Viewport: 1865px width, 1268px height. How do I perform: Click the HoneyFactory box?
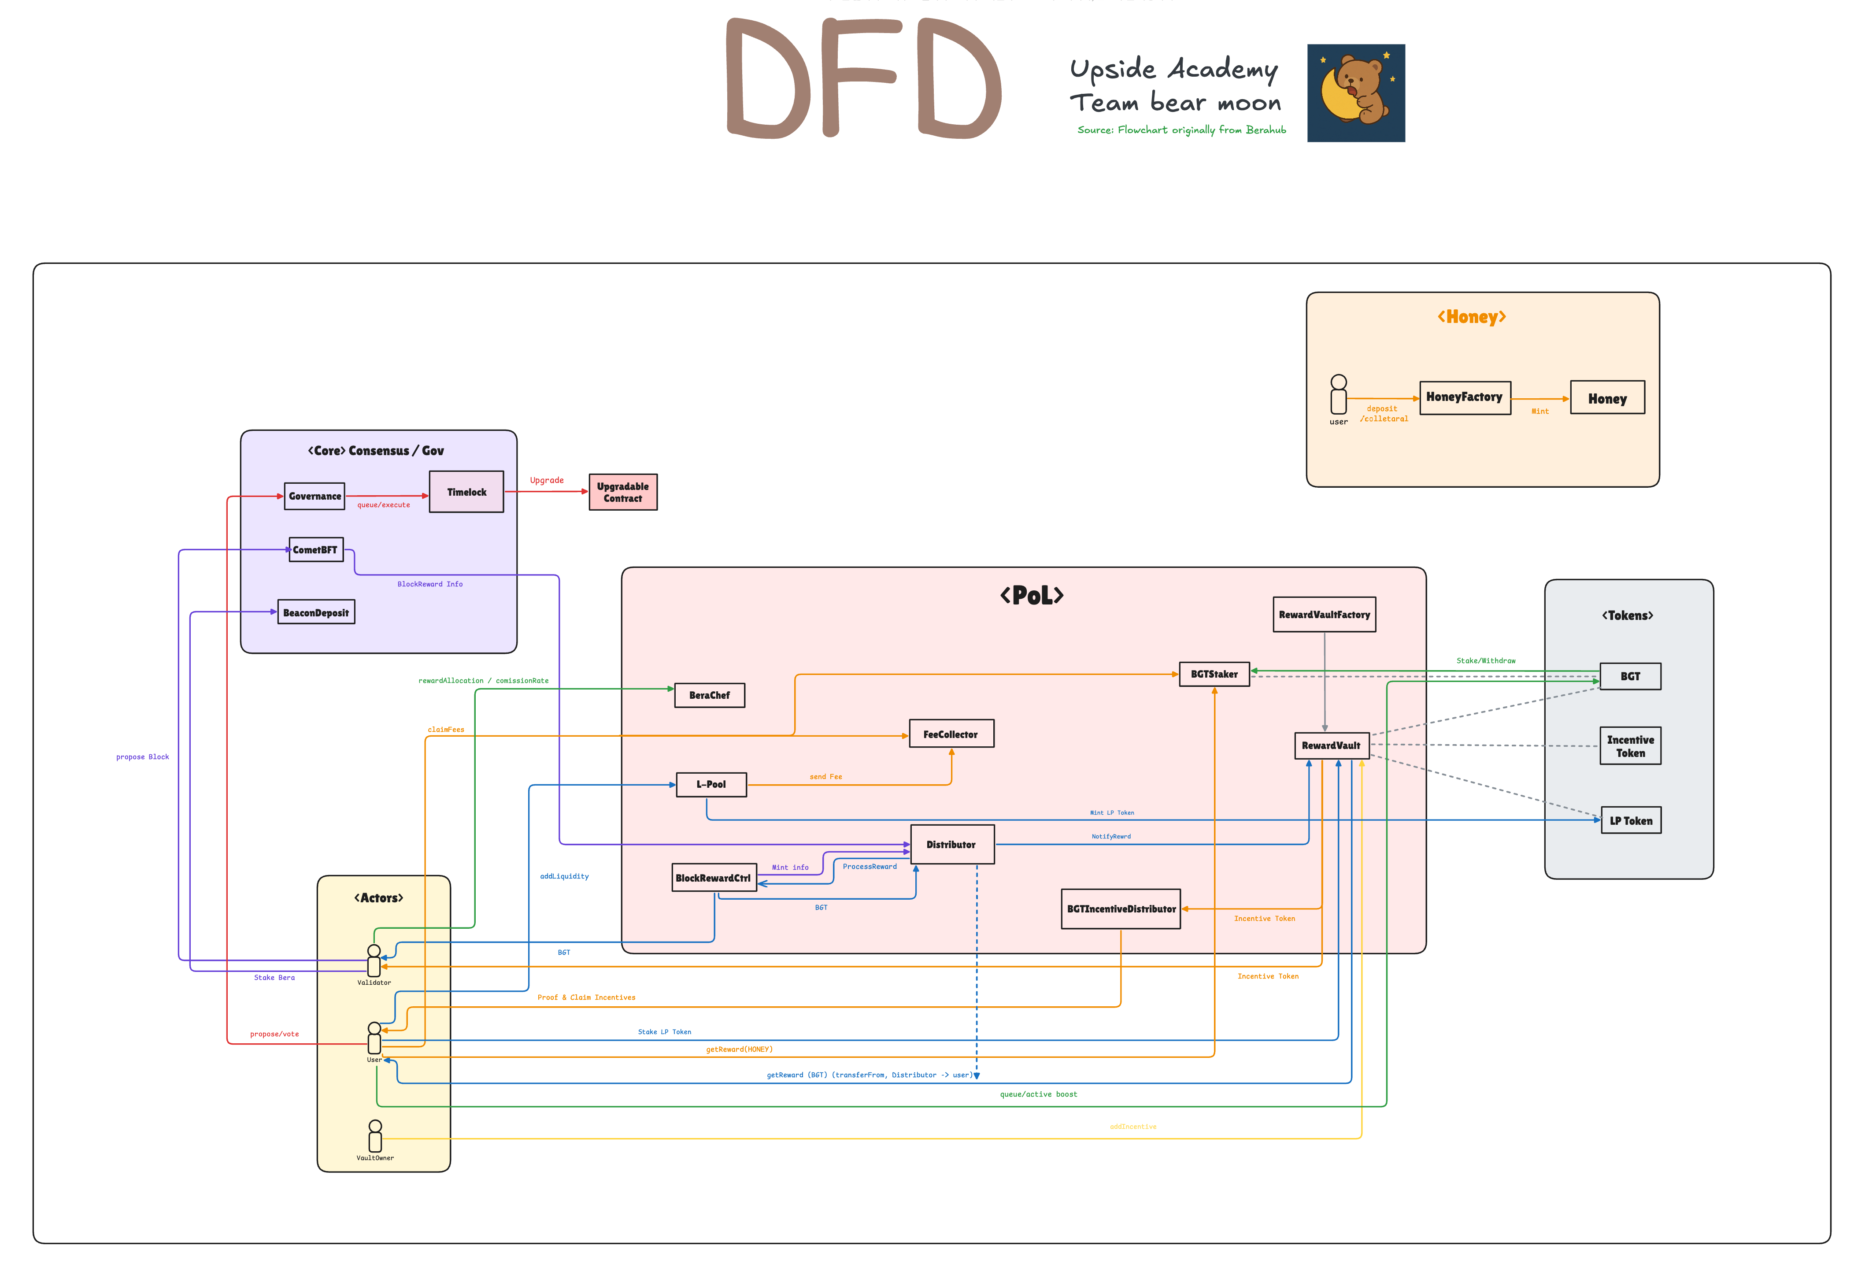[1465, 398]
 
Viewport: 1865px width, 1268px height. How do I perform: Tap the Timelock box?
[466, 492]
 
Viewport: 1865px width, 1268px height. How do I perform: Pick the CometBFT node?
[315, 550]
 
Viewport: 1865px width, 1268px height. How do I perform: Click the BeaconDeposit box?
[316, 612]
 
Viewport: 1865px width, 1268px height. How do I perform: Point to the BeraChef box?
[710, 695]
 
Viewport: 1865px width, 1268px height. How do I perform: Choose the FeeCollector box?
[951, 734]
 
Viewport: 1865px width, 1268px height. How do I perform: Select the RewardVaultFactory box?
[1324, 615]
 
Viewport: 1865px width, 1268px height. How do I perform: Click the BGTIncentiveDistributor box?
[1121, 908]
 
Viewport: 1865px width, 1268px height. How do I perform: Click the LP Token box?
[1631, 820]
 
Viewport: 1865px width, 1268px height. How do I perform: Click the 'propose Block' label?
[143, 757]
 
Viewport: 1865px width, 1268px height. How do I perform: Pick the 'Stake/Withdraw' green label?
[1485, 660]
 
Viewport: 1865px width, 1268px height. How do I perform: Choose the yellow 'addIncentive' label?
[1132, 1127]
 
